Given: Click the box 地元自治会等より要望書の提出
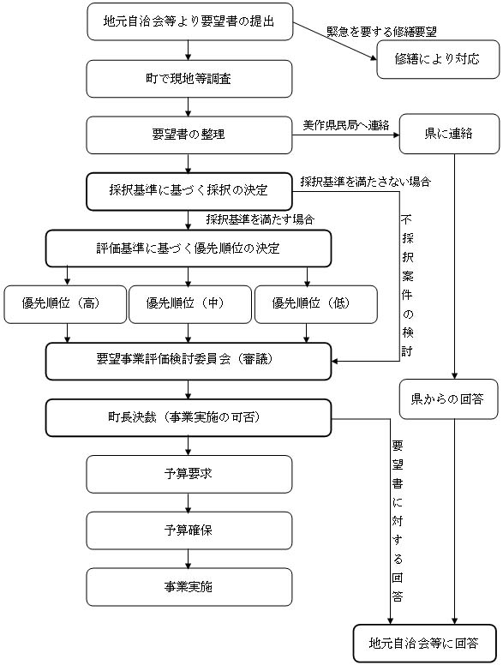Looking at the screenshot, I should coord(189,21).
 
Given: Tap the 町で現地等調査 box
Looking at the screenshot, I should coord(189,79).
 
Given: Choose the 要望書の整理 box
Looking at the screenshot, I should coord(189,135).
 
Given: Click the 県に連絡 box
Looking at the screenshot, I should coord(449,135).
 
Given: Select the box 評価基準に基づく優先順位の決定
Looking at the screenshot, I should coord(189,249).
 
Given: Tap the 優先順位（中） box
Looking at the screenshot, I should coord(189,303).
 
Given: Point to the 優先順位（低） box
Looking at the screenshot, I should coord(315,303).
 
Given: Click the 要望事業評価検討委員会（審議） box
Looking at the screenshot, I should coord(189,360).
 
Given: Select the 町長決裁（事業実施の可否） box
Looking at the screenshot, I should coord(189,417).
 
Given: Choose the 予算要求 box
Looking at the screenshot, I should coord(189,473).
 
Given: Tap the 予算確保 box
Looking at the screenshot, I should coord(189,530).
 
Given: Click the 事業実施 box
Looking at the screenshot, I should coord(189,587).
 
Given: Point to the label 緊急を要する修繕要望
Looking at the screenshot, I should coord(381,32).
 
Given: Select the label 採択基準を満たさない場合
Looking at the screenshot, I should coord(365,182).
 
